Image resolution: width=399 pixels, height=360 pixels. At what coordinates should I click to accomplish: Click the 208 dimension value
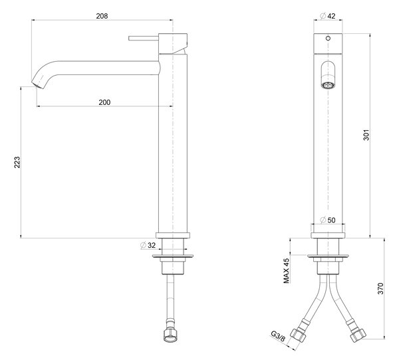(x=102, y=16)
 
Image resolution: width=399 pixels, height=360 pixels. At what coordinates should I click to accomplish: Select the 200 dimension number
(x=104, y=102)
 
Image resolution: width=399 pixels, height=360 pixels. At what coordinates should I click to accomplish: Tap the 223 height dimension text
(x=17, y=162)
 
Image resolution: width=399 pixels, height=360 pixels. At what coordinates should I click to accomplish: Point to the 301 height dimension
(x=366, y=135)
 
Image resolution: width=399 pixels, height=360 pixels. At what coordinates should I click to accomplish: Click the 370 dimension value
(x=380, y=288)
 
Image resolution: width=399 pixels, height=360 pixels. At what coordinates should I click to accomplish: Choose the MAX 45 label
(x=287, y=271)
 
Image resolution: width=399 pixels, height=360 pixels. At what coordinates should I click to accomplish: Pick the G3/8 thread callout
(x=278, y=336)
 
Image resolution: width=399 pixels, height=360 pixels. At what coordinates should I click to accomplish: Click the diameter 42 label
(x=328, y=16)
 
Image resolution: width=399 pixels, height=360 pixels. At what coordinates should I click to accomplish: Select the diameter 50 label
(x=328, y=220)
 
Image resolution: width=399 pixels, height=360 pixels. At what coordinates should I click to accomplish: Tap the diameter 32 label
(x=148, y=245)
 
